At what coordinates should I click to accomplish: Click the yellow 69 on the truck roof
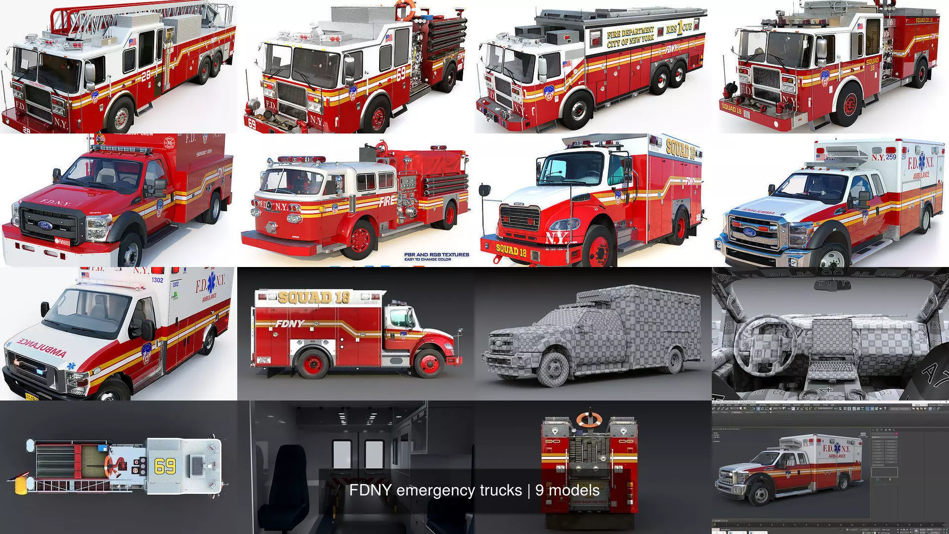coord(165,466)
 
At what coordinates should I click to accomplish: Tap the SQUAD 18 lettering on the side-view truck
coord(314,297)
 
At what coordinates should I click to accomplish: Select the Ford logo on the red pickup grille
coord(45,225)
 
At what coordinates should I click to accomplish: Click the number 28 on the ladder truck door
coord(145,75)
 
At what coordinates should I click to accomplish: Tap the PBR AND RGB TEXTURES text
coord(436,255)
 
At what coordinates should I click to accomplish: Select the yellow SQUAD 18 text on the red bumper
coord(511,250)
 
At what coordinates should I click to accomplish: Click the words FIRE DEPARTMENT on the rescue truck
coord(631,33)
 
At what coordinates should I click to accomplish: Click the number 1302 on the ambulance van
coord(157,280)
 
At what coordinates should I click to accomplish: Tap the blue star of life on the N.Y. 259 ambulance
coord(921,161)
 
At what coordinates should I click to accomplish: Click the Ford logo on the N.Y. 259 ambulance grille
coord(750,231)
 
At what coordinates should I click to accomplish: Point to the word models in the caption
coord(574,490)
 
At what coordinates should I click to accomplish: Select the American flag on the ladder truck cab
coord(132,42)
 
